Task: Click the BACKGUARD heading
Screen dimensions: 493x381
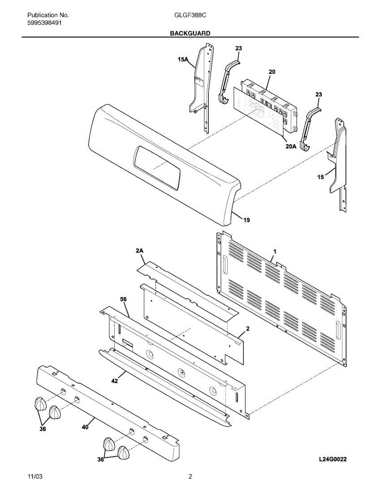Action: pyautogui.click(x=190, y=33)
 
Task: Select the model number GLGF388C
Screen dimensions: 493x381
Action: pyautogui.click(x=190, y=16)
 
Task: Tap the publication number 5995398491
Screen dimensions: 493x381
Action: pyautogui.click(x=45, y=23)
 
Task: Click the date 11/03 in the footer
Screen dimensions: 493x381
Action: pyautogui.click(x=35, y=477)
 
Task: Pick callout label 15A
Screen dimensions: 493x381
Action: pyautogui.click(x=183, y=60)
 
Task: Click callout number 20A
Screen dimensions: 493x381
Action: pyautogui.click(x=291, y=146)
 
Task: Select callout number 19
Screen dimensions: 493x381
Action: pyautogui.click(x=246, y=220)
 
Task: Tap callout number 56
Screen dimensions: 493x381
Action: pyautogui.click(x=123, y=300)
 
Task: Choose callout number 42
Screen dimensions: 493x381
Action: pyautogui.click(x=115, y=381)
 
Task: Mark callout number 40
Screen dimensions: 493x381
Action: pyautogui.click(x=85, y=427)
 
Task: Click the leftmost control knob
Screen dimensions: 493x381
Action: pyautogui.click(x=39, y=403)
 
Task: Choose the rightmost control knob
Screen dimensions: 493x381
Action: pyautogui.click(x=124, y=453)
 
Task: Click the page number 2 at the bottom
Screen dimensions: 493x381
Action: pyautogui.click(x=190, y=477)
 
